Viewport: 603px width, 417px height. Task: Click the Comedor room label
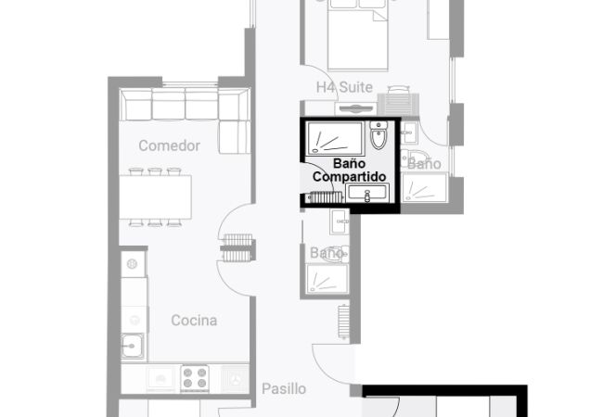[x=169, y=145]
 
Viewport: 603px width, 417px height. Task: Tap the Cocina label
[x=194, y=321]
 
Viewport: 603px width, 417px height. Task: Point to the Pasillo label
[x=284, y=388]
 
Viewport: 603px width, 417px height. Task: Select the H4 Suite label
[x=344, y=87]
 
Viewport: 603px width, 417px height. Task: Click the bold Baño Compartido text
[x=349, y=171]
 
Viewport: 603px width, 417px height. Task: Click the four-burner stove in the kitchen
[x=195, y=378]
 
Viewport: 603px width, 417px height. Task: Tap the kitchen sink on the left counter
[x=133, y=347]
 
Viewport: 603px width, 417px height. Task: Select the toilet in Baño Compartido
[x=378, y=135]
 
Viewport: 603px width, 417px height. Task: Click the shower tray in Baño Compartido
[x=335, y=138]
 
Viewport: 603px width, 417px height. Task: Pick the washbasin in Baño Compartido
[x=367, y=193]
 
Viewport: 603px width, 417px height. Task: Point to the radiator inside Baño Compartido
[x=326, y=197]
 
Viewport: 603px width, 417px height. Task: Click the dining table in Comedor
[x=155, y=197]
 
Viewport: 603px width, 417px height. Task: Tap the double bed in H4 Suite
[x=358, y=35]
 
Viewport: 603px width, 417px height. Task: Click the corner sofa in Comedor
[x=186, y=105]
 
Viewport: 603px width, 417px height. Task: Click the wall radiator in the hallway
[x=343, y=322]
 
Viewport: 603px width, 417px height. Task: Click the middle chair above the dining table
[x=155, y=171]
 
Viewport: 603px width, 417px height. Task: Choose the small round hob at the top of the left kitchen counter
[x=132, y=264]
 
